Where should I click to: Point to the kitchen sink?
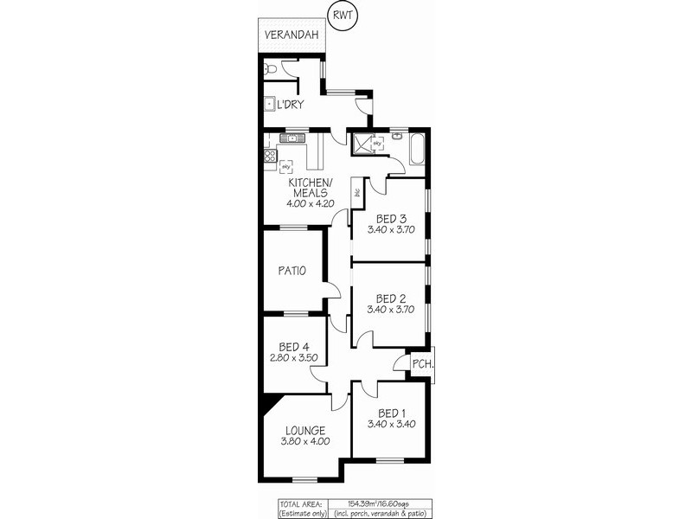(293, 138)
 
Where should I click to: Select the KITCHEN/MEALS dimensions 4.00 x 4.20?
(309, 203)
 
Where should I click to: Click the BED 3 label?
(391, 219)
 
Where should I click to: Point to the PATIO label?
(292, 271)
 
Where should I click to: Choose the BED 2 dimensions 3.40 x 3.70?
(391, 309)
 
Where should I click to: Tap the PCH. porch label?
(422, 363)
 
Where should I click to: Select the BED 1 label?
(391, 412)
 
